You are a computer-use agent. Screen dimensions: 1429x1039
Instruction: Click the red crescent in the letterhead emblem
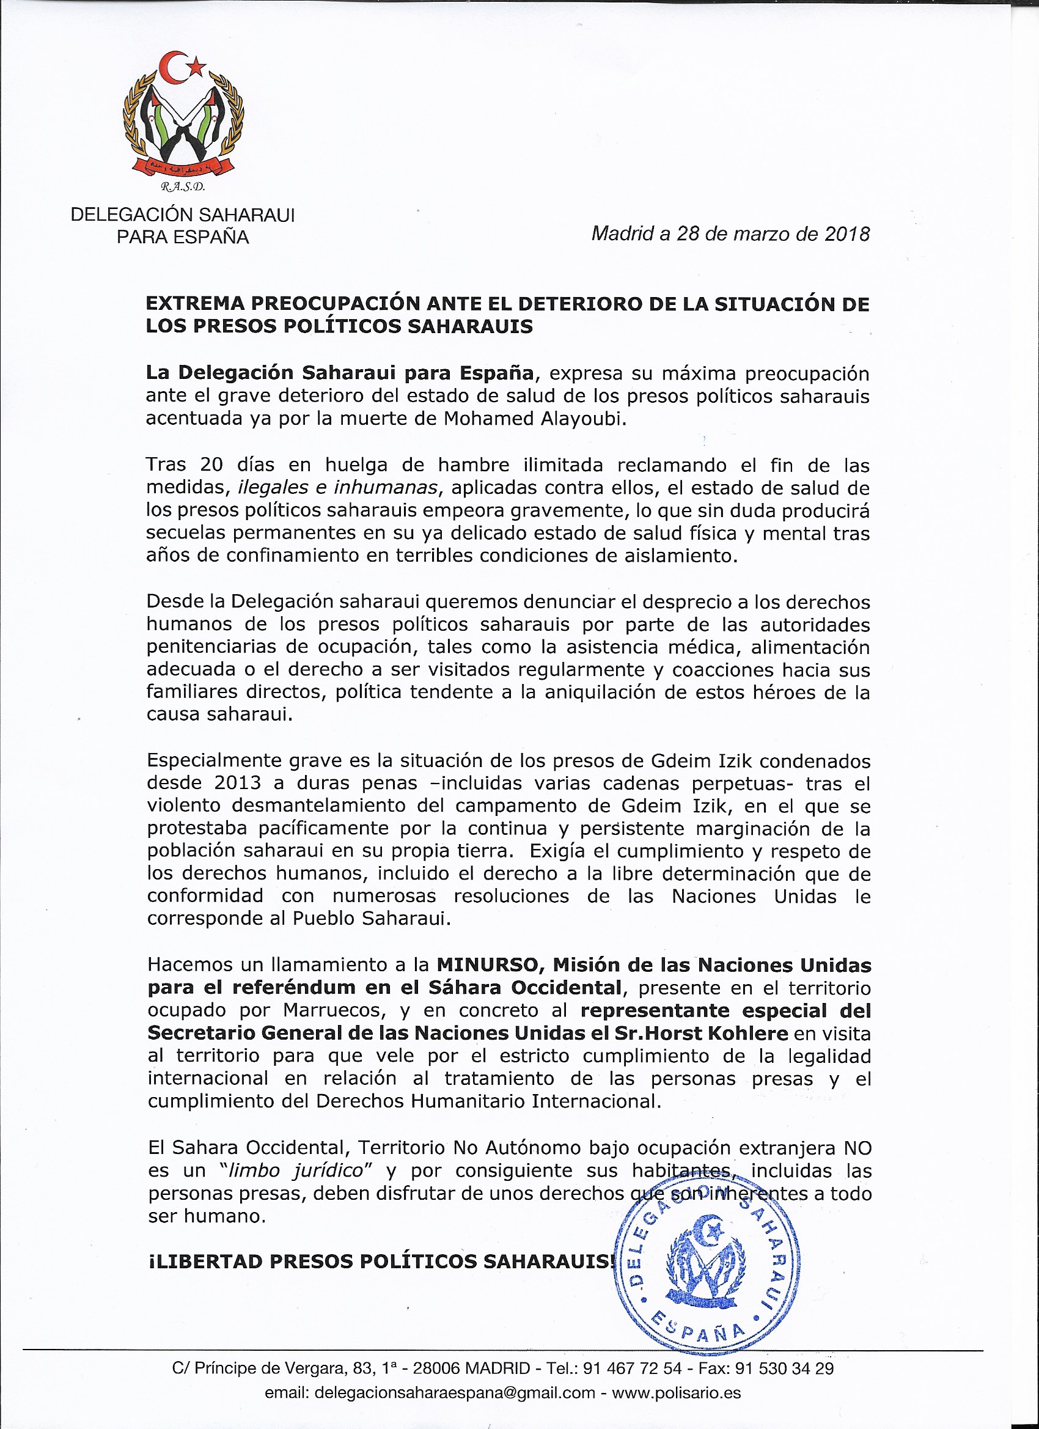coord(169,67)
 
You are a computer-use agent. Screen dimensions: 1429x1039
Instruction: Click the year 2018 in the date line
coord(847,234)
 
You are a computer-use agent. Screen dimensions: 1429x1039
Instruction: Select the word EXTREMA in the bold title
coord(195,304)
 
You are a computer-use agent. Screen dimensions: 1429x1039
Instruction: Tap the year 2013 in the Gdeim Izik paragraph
coord(238,783)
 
